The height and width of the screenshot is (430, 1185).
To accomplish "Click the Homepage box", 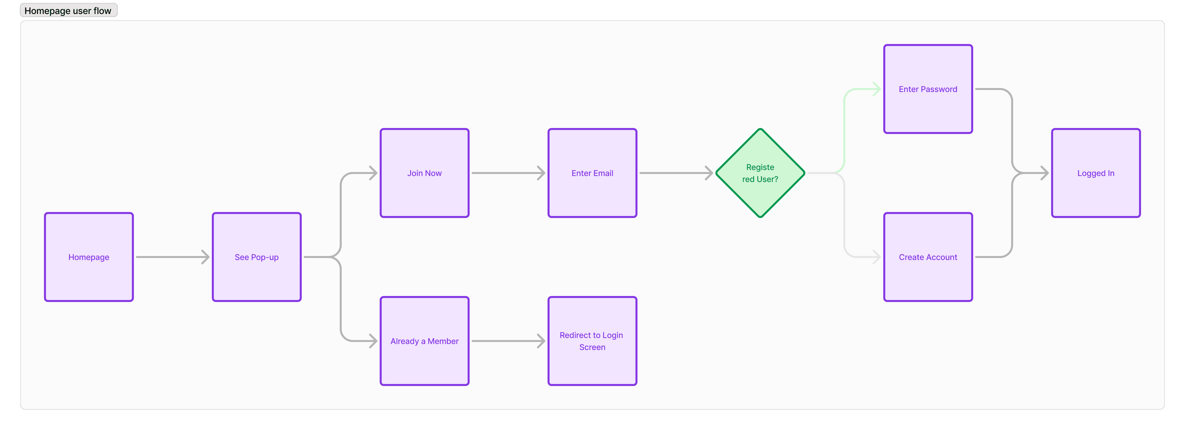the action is pyautogui.click(x=89, y=257).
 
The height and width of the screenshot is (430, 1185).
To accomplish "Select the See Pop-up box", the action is pyautogui.click(x=257, y=257).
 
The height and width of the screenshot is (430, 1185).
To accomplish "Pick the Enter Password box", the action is pyautogui.click(x=928, y=89).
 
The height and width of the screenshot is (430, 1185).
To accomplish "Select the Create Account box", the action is pyautogui.click(x=928, y=257).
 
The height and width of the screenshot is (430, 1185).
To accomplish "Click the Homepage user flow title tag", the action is pyautogui.click(x=68, y=10).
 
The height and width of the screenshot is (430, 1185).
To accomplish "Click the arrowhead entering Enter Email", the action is pyautogui.click(x=542, y=173).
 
